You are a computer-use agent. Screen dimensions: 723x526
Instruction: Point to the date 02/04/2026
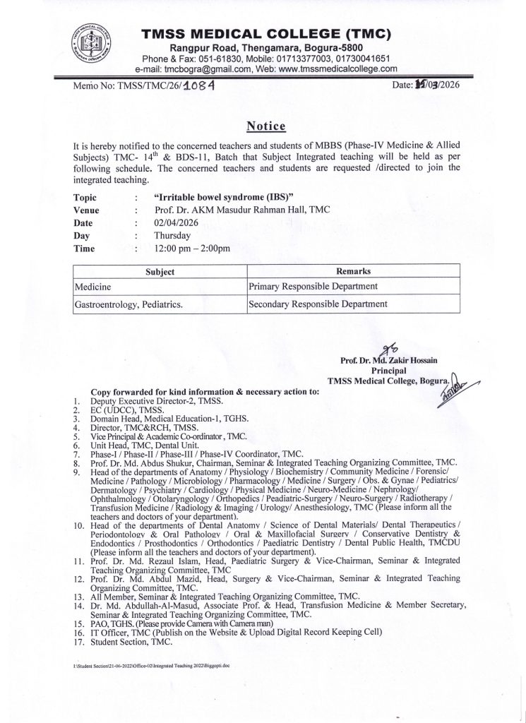click(x=177, y=222)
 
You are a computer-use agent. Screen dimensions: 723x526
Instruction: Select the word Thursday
click(x=173, y=236)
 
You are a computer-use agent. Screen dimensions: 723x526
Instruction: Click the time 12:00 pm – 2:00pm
click(x=192, y=249)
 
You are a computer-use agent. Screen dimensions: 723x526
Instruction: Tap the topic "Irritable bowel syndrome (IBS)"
click(x=221, y=197)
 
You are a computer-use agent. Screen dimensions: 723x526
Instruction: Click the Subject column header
click(x=160, y=271)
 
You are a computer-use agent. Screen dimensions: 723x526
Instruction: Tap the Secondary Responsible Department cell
click(x=318, y=304)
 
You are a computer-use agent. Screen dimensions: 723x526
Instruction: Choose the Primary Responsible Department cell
click(x=314, y=287)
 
